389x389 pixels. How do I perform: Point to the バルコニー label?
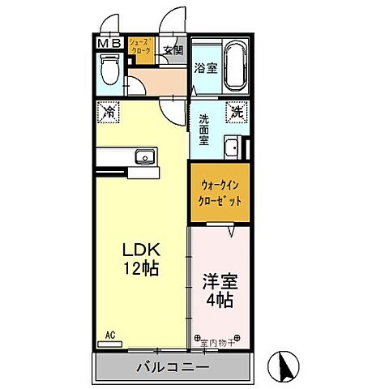[x=177, y=367]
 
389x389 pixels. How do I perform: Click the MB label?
[x=110, y=41]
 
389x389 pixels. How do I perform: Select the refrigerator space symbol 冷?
[x=108, y=112]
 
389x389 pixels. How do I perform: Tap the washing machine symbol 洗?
[x=237, y=111]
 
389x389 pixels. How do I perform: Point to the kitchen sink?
[x=147, y=156]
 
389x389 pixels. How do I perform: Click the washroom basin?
[x=233, y=148]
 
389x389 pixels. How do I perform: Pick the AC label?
[x=109, y=333]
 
